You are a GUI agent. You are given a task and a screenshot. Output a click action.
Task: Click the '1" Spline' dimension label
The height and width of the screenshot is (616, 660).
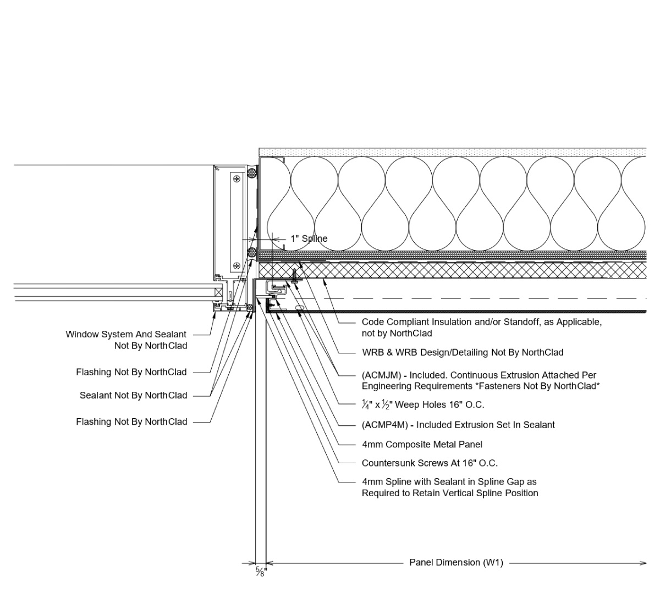click(309, 238)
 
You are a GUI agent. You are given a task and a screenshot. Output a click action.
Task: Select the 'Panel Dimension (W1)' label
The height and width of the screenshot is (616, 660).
click(456, 562)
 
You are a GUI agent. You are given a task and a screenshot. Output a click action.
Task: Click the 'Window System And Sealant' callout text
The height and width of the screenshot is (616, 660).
click(126, 334)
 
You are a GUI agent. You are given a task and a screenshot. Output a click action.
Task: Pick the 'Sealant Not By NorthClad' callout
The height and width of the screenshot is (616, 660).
click(133, 395)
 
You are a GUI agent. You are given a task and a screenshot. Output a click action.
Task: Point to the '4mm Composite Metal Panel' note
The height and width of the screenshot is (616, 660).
click(422, 444)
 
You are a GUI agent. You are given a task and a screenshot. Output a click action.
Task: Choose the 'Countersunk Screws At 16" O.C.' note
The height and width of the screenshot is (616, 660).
click(430, 463)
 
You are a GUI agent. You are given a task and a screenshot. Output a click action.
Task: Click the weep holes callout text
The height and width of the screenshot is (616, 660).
click(423, 405)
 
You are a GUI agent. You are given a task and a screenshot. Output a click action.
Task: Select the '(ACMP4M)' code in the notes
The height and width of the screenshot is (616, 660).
click(385, 425)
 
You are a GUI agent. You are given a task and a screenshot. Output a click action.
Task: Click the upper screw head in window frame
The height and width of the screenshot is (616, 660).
click(237, 179)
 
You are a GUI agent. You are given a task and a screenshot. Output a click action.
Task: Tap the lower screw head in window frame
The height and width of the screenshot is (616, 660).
click(237, 266)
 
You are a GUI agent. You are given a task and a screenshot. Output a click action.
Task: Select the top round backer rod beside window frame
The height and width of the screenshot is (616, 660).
click(252, 173)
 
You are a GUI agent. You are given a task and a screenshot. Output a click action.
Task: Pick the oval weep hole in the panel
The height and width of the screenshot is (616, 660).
click(299, 308)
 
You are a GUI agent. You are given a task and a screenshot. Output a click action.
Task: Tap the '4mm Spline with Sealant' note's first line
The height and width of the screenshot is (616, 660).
click(449, 482)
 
